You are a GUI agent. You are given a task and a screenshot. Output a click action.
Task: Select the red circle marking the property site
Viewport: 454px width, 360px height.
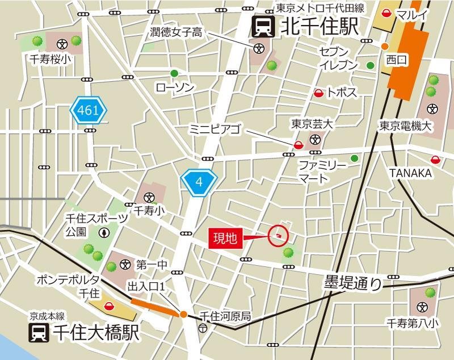[278, 235]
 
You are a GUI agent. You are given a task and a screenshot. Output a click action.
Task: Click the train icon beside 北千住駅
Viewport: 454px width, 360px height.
[263, 26]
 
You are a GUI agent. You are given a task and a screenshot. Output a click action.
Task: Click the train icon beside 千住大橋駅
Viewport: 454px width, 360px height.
[39, 332]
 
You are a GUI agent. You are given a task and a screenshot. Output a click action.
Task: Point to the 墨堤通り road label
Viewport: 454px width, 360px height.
[353, 282]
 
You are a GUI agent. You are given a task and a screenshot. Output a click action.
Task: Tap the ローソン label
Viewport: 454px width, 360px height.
[175, 87]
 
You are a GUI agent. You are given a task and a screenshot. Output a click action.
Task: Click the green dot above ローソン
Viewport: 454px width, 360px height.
[174, 73]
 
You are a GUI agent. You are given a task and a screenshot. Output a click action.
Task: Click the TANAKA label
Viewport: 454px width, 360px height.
[410, 173]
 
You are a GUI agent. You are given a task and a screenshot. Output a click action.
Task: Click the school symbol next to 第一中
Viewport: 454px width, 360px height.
[125, 265]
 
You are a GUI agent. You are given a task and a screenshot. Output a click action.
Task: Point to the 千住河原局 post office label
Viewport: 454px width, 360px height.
[225, 316]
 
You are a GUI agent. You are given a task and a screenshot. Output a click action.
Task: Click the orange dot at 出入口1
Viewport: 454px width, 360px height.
[183, 314]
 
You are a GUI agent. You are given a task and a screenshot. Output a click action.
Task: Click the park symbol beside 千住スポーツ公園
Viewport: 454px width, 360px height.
[104, 232]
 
